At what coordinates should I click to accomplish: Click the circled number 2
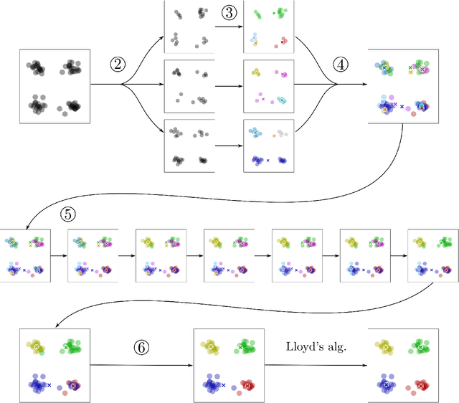click(x=118, y=65)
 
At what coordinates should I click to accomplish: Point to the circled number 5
click(x=67, y=214)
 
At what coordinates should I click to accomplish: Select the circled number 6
click(x=143, y=347)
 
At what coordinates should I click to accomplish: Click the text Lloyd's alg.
click(x=316, y=346)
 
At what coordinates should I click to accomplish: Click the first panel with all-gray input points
click(x=54, y=84)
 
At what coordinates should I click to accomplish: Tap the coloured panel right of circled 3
click(x=268, y=27)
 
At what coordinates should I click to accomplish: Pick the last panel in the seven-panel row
click(x=432, y=255)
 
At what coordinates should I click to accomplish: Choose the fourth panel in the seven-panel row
click(x=229, y=255)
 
